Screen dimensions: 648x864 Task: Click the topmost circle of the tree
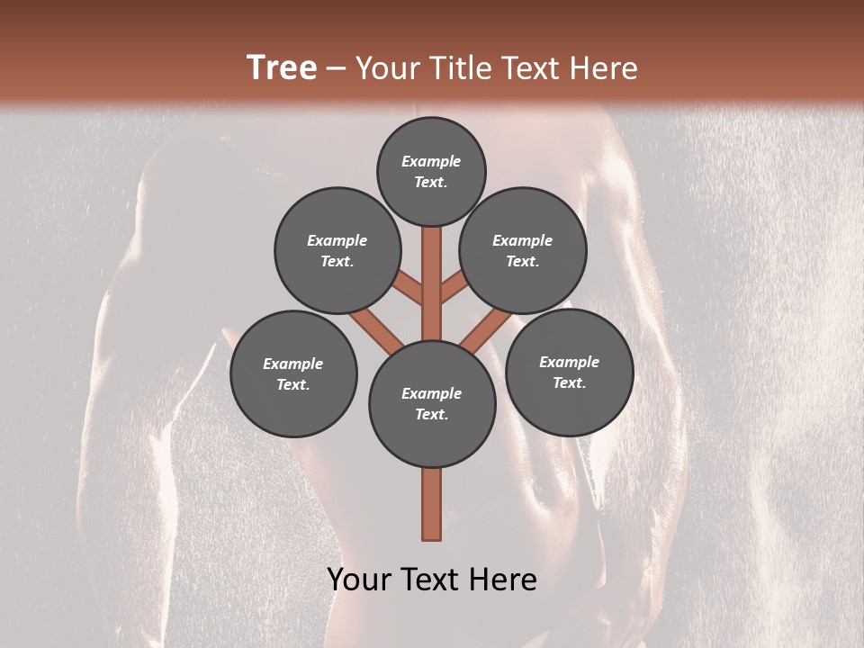431,171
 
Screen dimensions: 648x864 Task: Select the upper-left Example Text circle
337,251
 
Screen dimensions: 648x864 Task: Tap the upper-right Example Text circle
523,251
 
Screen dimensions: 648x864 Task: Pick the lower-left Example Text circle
293,373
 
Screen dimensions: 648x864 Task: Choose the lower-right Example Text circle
570,372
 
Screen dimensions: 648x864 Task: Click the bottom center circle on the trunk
432,403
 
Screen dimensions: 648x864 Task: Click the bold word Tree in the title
282,67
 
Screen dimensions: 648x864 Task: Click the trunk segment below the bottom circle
432,504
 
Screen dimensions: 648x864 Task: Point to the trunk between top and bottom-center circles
432,283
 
